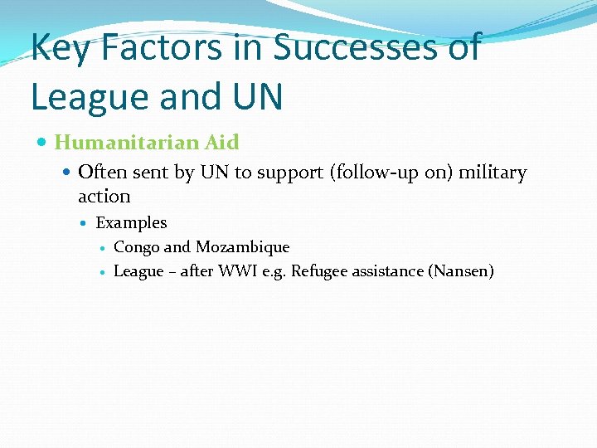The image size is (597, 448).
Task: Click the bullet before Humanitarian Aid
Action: (43, 143)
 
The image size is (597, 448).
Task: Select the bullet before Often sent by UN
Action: (67, 173)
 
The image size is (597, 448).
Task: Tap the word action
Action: (104, 197)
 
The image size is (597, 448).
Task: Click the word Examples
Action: (131, 223)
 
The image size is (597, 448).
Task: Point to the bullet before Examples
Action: (87, 223)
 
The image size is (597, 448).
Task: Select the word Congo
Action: (137, 247)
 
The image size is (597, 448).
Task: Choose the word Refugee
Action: (319, 271)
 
